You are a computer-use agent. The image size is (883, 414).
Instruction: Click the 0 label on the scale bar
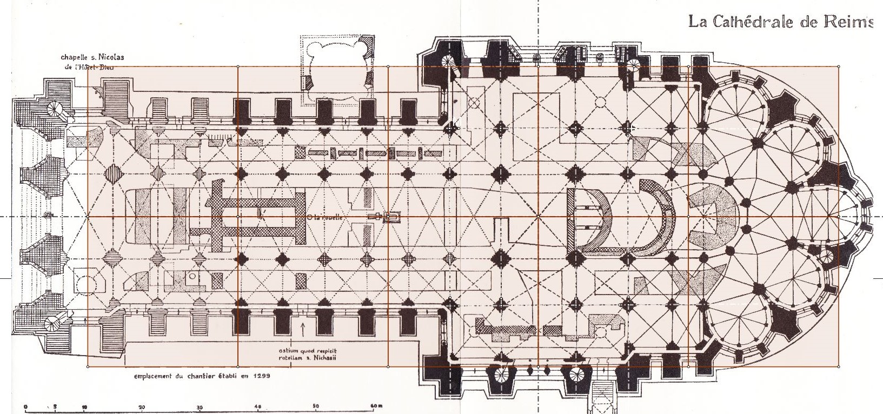(x=26, y=406)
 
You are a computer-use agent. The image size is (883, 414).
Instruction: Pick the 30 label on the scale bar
(x=200, y=406)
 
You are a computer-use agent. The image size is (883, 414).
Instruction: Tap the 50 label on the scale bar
(x=316, y=406)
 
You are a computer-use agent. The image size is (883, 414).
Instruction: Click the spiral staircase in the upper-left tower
(x=55, y=110)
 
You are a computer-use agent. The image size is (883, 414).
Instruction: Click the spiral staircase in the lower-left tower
(x=54, y=324)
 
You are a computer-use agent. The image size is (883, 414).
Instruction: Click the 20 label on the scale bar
(x=142, y=406)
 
